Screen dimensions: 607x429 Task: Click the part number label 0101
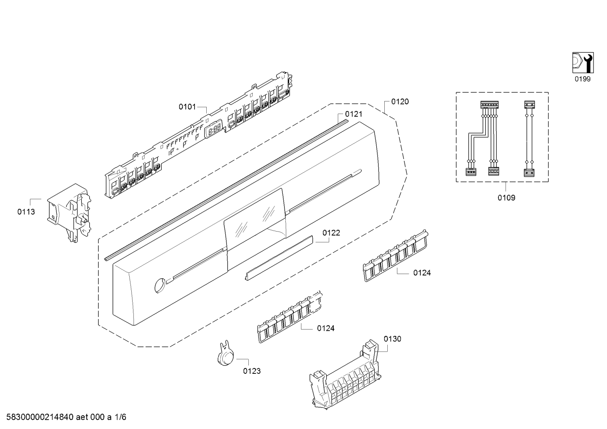pos(187,107)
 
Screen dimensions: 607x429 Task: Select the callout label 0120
pos(400,101)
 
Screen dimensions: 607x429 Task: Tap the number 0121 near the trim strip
pos(354,114)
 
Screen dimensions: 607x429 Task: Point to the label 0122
pos(331,233)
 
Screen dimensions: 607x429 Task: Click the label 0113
pos(26,212)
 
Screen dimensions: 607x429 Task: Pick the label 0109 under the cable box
pos(506,198)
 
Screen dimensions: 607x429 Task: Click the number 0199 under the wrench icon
pos(583,79)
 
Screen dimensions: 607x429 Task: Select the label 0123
pos(252,371)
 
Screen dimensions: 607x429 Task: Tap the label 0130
pos(392,339)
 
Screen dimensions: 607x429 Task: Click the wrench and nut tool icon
pos(583,63)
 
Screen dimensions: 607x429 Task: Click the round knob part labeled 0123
pos(226,354)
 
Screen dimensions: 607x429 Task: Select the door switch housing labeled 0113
pos(69,213)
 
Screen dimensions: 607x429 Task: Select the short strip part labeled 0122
pos(279,258)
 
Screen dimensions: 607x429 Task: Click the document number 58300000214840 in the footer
pos(40,417)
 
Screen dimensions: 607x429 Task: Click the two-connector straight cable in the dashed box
pos(529,139)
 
